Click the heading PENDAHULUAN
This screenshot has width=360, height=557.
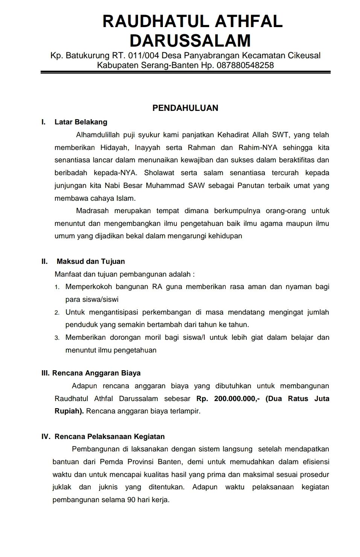click(185, 108)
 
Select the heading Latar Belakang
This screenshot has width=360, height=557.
click(81, 122)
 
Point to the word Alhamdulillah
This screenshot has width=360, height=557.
click(98, 135)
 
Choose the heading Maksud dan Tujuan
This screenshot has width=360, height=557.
click(91, 261)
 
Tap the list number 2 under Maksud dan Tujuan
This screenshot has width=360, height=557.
click(57, 313)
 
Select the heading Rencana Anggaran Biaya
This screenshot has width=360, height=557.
click(96, 373)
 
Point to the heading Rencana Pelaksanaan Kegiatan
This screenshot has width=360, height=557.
click(109, 436)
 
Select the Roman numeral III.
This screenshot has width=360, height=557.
click(45, 373)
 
